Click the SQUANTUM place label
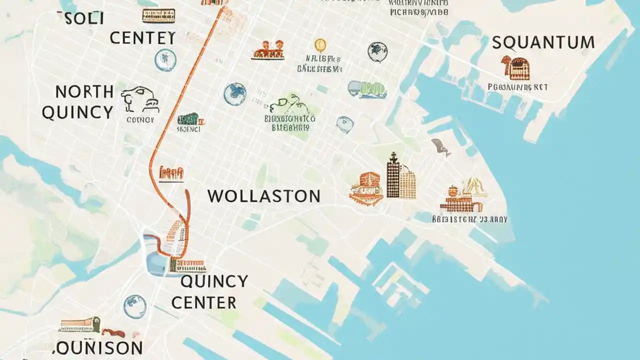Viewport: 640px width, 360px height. pos(543,42)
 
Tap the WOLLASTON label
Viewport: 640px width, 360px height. pos(263,196)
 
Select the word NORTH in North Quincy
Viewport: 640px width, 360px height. pos(84,92)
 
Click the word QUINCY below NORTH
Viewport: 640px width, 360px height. pos(77,112)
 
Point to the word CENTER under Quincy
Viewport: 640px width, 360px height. pos(203,302)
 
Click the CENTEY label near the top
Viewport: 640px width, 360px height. pos(142,38)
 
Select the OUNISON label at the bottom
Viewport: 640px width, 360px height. pos(97,347)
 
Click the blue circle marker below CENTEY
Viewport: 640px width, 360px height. pos(165,60)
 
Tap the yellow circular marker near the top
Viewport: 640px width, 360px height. pos(320,45)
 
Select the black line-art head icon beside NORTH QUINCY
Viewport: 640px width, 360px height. pos(140,99)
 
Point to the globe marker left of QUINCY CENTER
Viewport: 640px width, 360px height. pos(134,306)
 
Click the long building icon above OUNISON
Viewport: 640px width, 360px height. pos(80,324)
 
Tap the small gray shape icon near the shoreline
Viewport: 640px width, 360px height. pos(440,146)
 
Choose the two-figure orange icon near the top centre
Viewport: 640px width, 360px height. pos(268,50)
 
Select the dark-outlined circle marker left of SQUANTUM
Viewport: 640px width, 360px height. pos(378,51)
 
